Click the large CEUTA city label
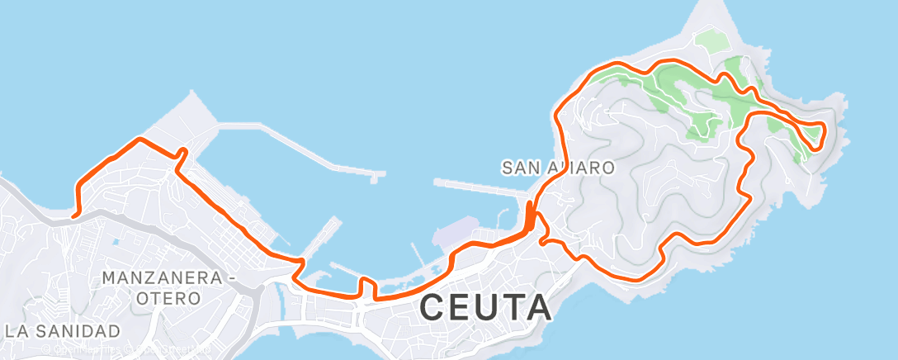coord(485,307)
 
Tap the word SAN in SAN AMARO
coord(520,168)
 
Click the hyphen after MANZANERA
coord(229,278)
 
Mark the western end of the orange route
coord(73,216)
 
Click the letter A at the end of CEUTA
coord(537,307)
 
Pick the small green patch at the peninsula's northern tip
coord(708,40)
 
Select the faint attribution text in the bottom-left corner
coord(124,350)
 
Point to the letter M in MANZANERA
coord(111,278)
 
